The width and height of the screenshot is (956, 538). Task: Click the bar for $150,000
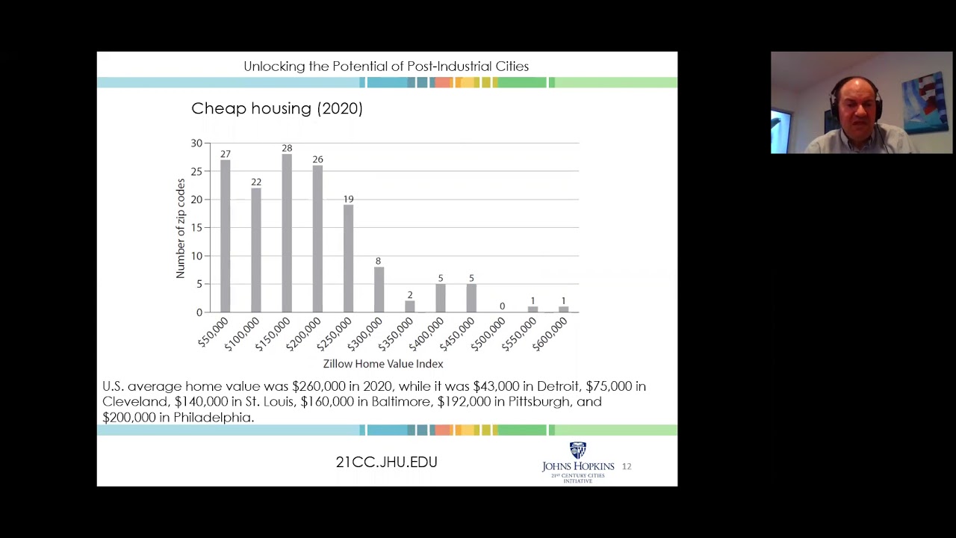click(287, 233)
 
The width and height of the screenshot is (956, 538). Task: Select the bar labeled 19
click(348, 259)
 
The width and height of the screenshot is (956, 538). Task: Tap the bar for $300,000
click(379, 290)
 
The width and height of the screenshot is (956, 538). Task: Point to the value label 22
click(256, 182)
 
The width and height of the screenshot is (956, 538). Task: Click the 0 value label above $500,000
click(503, 306)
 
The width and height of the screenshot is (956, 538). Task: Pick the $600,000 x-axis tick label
click(550, 334)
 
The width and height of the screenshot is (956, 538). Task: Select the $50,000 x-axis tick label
click(213, 333)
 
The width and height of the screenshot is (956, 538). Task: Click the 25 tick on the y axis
click(196, 171)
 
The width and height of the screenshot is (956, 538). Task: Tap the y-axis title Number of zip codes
click(181, 229)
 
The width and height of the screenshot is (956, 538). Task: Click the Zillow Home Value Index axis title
click(383, 364)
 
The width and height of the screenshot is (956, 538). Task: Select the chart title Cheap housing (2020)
click(277, 108)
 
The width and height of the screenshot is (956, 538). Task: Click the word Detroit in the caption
click(557, 386)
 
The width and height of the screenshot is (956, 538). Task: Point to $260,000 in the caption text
click(318, 386)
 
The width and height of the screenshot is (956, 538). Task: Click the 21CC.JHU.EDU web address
click(387, 462)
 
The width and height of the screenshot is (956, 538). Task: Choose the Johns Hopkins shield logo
click(578, 450)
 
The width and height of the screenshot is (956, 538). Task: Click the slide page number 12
click(627, 466)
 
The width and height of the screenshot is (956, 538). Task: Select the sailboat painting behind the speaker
click(924, 102)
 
